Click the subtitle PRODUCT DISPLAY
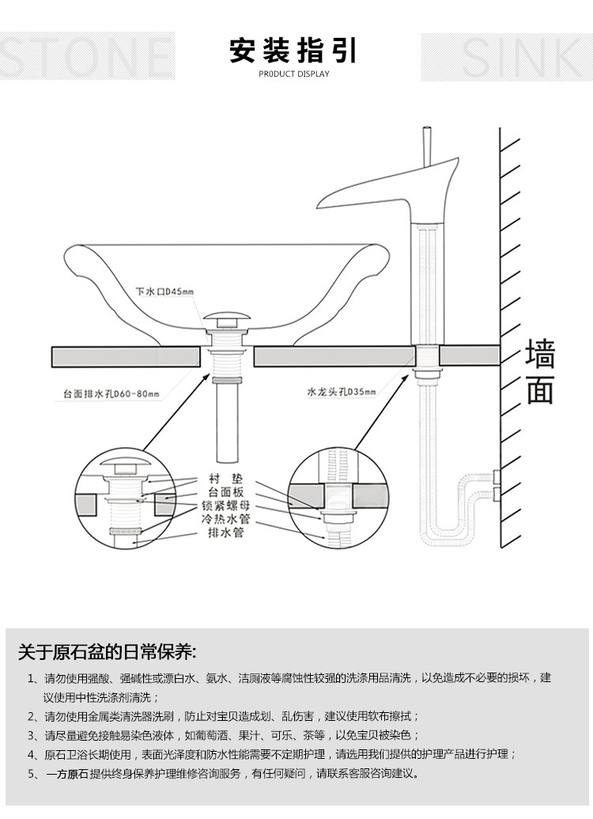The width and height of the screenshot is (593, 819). point(293,74)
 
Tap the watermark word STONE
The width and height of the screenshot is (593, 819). point(87,56)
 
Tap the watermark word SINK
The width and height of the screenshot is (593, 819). point(506,56)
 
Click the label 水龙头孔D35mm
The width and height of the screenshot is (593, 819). point(341,391)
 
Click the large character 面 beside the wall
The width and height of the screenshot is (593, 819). point(540,389)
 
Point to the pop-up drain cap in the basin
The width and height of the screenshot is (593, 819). point(227,320)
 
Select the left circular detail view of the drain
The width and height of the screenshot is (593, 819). point(127,499)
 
